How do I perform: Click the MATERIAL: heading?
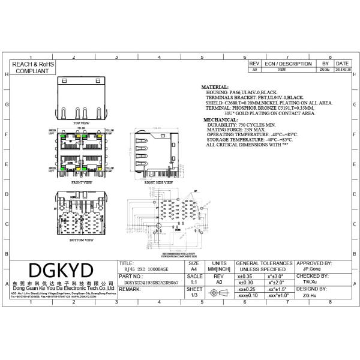tap(215, 87)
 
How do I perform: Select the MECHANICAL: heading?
tap(220, 120)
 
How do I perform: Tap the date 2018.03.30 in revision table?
tap(343, 70)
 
